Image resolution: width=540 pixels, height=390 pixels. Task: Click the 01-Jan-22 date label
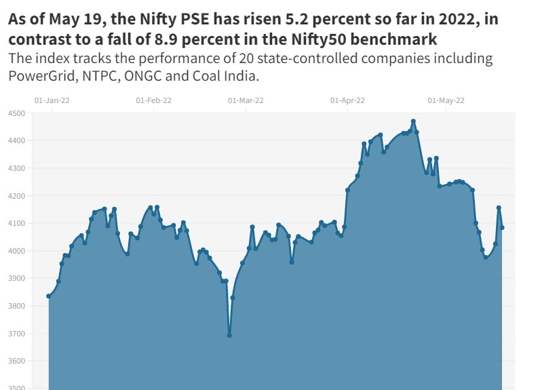52,100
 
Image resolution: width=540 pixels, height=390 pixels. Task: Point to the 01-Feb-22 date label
153,100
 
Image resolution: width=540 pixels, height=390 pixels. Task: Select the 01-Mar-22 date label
246,100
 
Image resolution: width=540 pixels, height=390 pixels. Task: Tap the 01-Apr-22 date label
348,100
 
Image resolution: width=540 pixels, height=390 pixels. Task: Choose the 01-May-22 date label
446,100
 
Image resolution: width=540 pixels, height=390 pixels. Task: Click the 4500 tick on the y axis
16,113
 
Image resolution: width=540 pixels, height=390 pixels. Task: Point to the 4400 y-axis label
16,141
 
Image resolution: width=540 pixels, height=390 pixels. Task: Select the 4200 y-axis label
16,196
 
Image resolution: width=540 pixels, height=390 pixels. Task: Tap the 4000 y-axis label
16,251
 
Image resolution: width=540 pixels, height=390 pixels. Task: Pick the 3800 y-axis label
16,306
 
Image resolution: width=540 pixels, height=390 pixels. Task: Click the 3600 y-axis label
16,361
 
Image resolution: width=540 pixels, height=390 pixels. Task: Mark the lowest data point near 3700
229,335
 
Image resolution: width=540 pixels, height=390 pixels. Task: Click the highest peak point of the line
413,121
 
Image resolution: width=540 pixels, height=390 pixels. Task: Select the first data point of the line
48,296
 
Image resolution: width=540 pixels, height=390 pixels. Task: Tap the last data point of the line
502,228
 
